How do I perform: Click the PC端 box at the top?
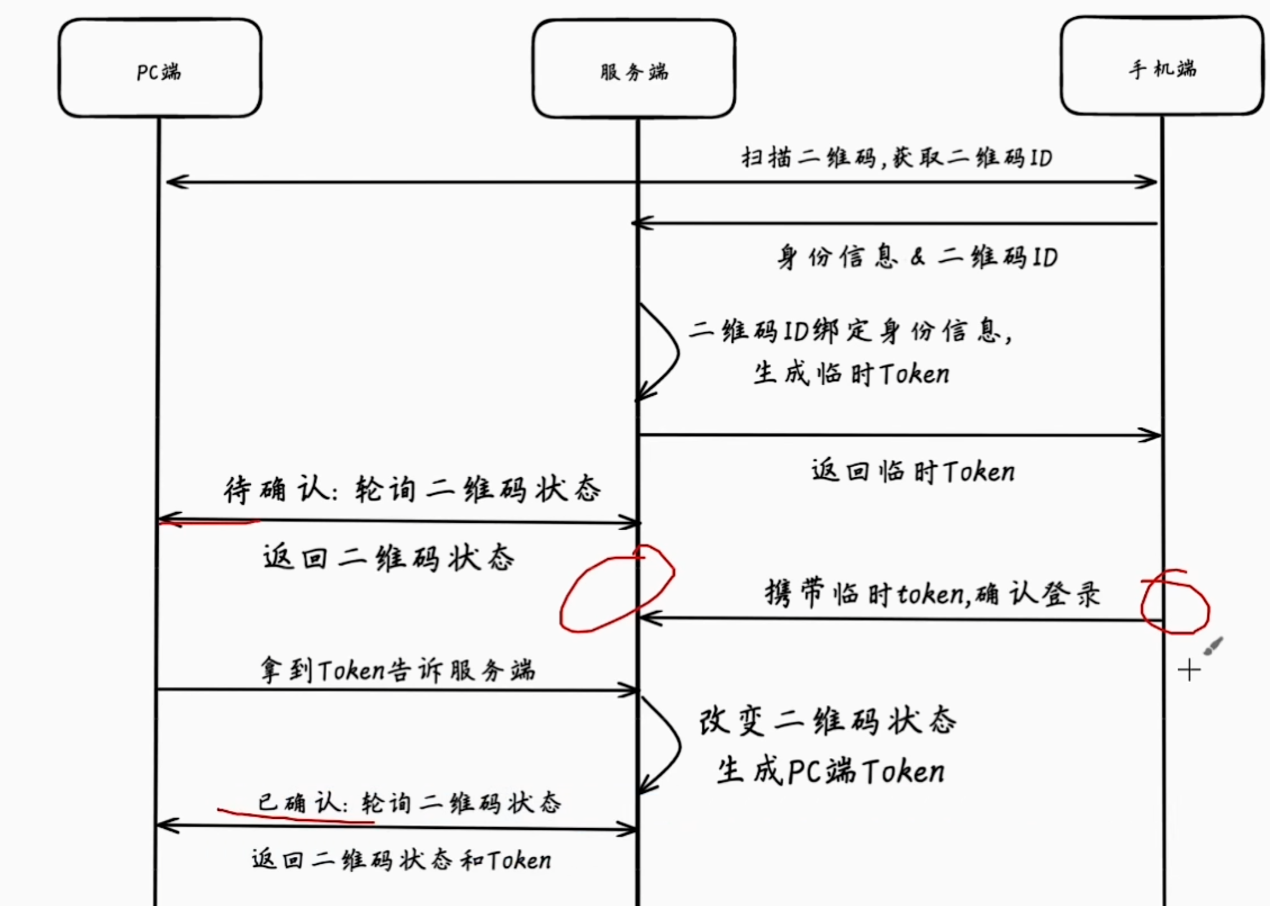pos(160,68)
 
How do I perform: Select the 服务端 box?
pos(634,69)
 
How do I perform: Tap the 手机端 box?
pos(1162,67)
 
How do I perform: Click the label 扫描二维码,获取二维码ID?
pos(896,157)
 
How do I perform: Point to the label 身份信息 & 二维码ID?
pos(916,257)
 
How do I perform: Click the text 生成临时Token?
pos(851,374)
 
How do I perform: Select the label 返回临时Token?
pos(913,472)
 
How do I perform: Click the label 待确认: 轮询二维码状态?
pos(412,489)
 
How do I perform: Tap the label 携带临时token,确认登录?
pos(932,594)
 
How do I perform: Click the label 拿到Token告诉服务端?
pos(398,671)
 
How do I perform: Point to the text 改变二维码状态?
pos(827,722)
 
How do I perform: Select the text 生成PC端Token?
pos(830,772)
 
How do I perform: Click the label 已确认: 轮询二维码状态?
pos(409,803)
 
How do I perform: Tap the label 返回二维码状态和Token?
pos(402,860)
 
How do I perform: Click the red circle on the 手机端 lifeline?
pos(1175,602)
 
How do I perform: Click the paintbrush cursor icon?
pos(1213,646)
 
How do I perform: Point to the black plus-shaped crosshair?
pos(1189,670)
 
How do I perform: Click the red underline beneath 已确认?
pos(296,817)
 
